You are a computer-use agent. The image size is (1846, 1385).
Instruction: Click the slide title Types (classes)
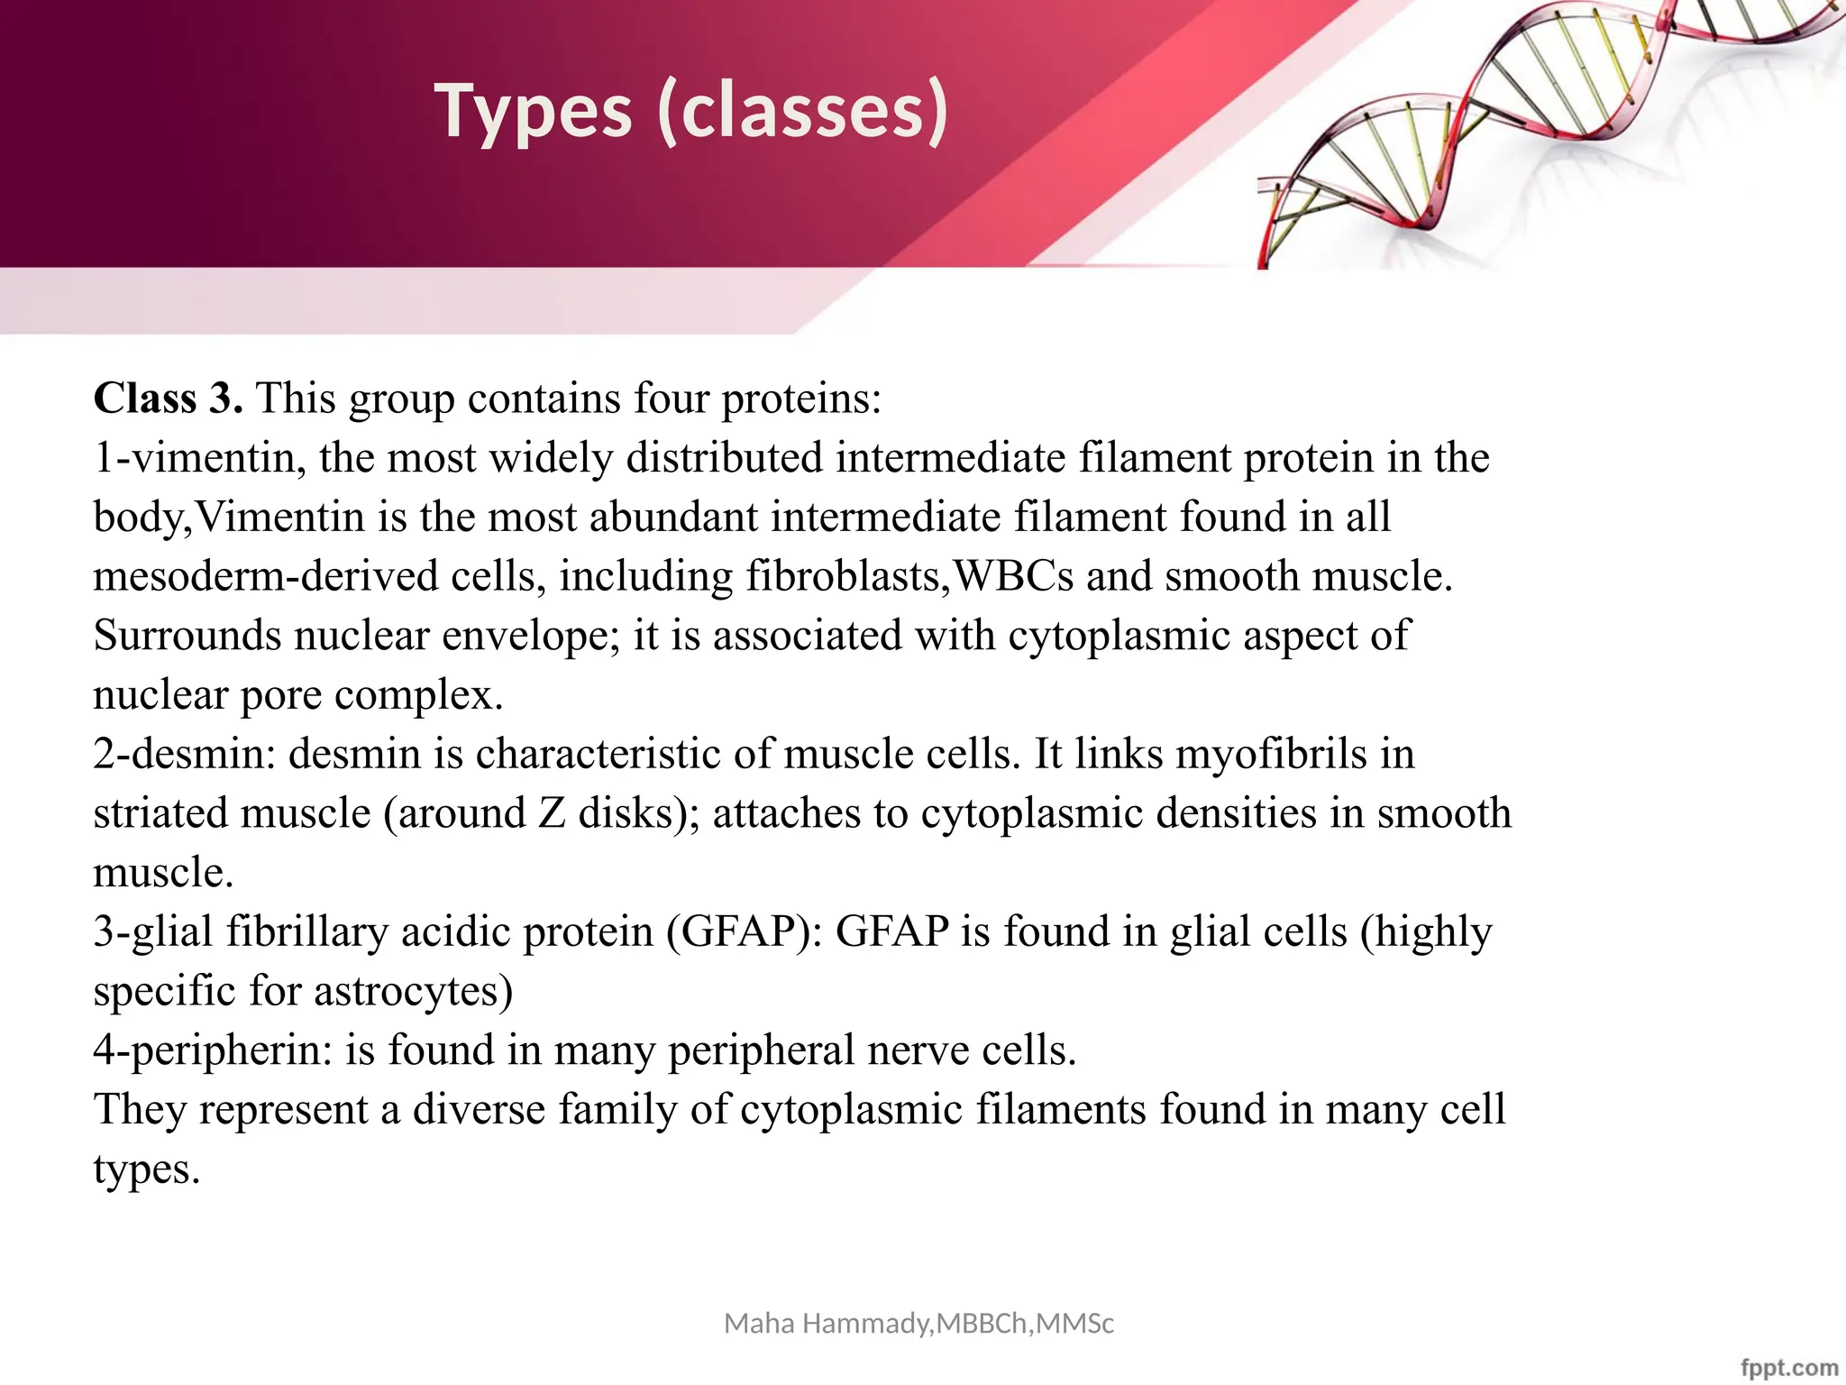[x=691, y=111]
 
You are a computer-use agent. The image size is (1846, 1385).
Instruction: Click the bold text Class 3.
[x=168, y=398]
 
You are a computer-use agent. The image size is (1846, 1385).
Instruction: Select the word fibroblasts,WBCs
[x=909, y=575]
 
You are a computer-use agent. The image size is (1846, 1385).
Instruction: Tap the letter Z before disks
[x=552, y=813]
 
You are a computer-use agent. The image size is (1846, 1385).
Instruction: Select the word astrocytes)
[x=414, y=991]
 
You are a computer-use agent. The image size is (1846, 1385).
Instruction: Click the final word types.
[x=146, y=1169]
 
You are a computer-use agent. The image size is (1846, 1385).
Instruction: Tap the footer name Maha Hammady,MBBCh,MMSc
[x=918, y=1324]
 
